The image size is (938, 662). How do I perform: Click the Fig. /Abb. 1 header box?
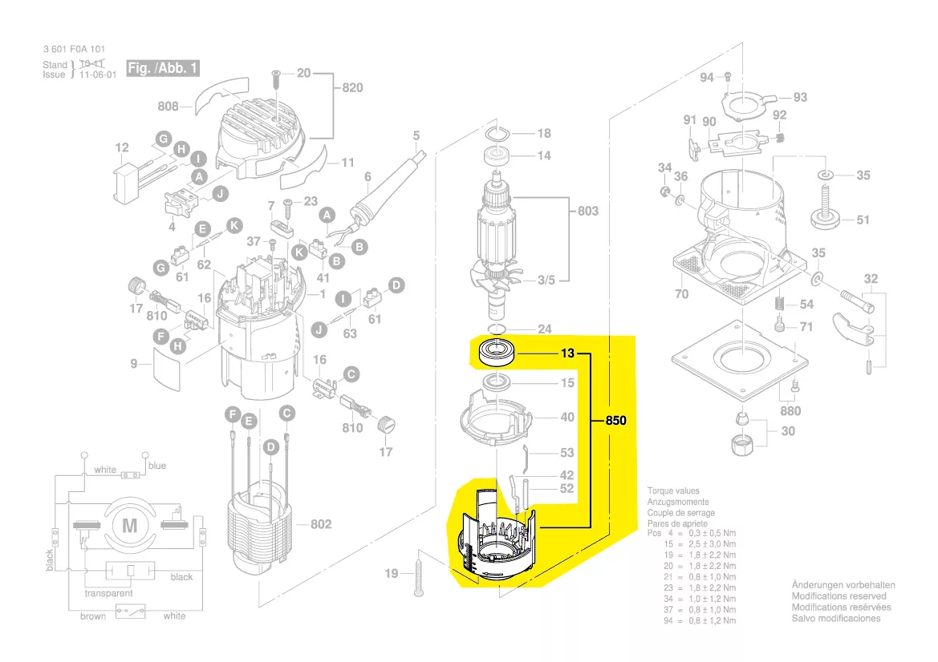[163, 68]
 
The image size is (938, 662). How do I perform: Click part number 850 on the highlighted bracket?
[615, 421]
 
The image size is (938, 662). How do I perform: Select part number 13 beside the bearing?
[567, 353]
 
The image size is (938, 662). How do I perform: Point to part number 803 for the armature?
[587, 212]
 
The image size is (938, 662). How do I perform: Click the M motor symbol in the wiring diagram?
[129, 527]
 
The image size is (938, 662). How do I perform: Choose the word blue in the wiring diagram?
[157, 466]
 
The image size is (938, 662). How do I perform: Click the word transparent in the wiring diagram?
[109, 594]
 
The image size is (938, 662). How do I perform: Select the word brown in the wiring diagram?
[92, 616]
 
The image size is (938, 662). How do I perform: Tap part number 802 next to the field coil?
[320, 524]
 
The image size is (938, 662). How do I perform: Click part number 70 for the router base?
[681, 294]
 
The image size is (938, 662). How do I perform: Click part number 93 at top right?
[800, 98]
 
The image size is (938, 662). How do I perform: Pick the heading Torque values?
[673, 490]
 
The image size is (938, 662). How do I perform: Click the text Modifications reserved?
[839, 596]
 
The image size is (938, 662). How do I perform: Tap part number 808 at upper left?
[168, 106]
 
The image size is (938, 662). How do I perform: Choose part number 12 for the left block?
[122, 147]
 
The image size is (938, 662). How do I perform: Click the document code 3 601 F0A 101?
[74, 49]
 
